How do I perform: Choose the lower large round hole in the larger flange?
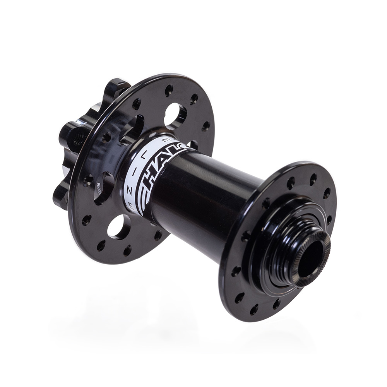point(119,226)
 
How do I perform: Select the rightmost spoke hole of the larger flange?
point(206,126)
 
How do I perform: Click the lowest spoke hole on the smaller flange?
point(254,309)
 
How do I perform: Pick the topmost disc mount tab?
point(115,87)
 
